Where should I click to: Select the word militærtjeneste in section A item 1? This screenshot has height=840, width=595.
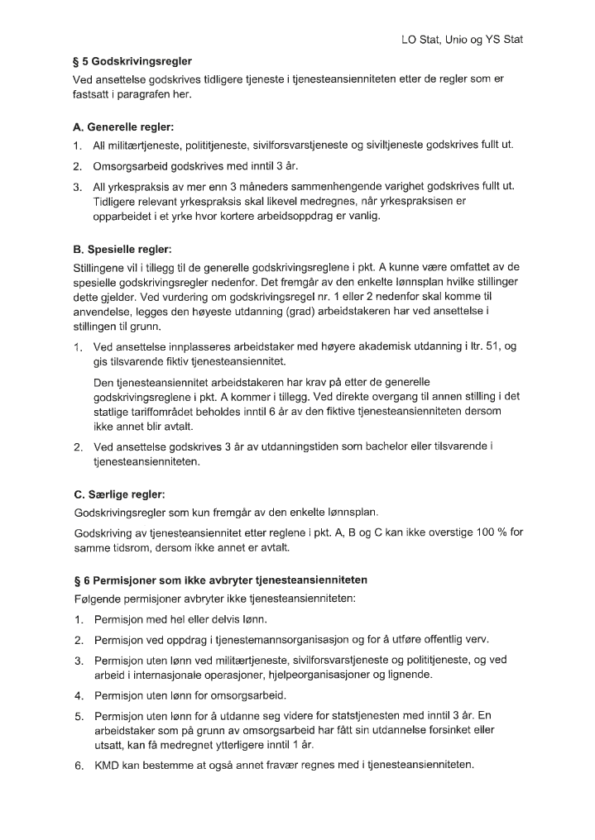coord(144,146)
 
